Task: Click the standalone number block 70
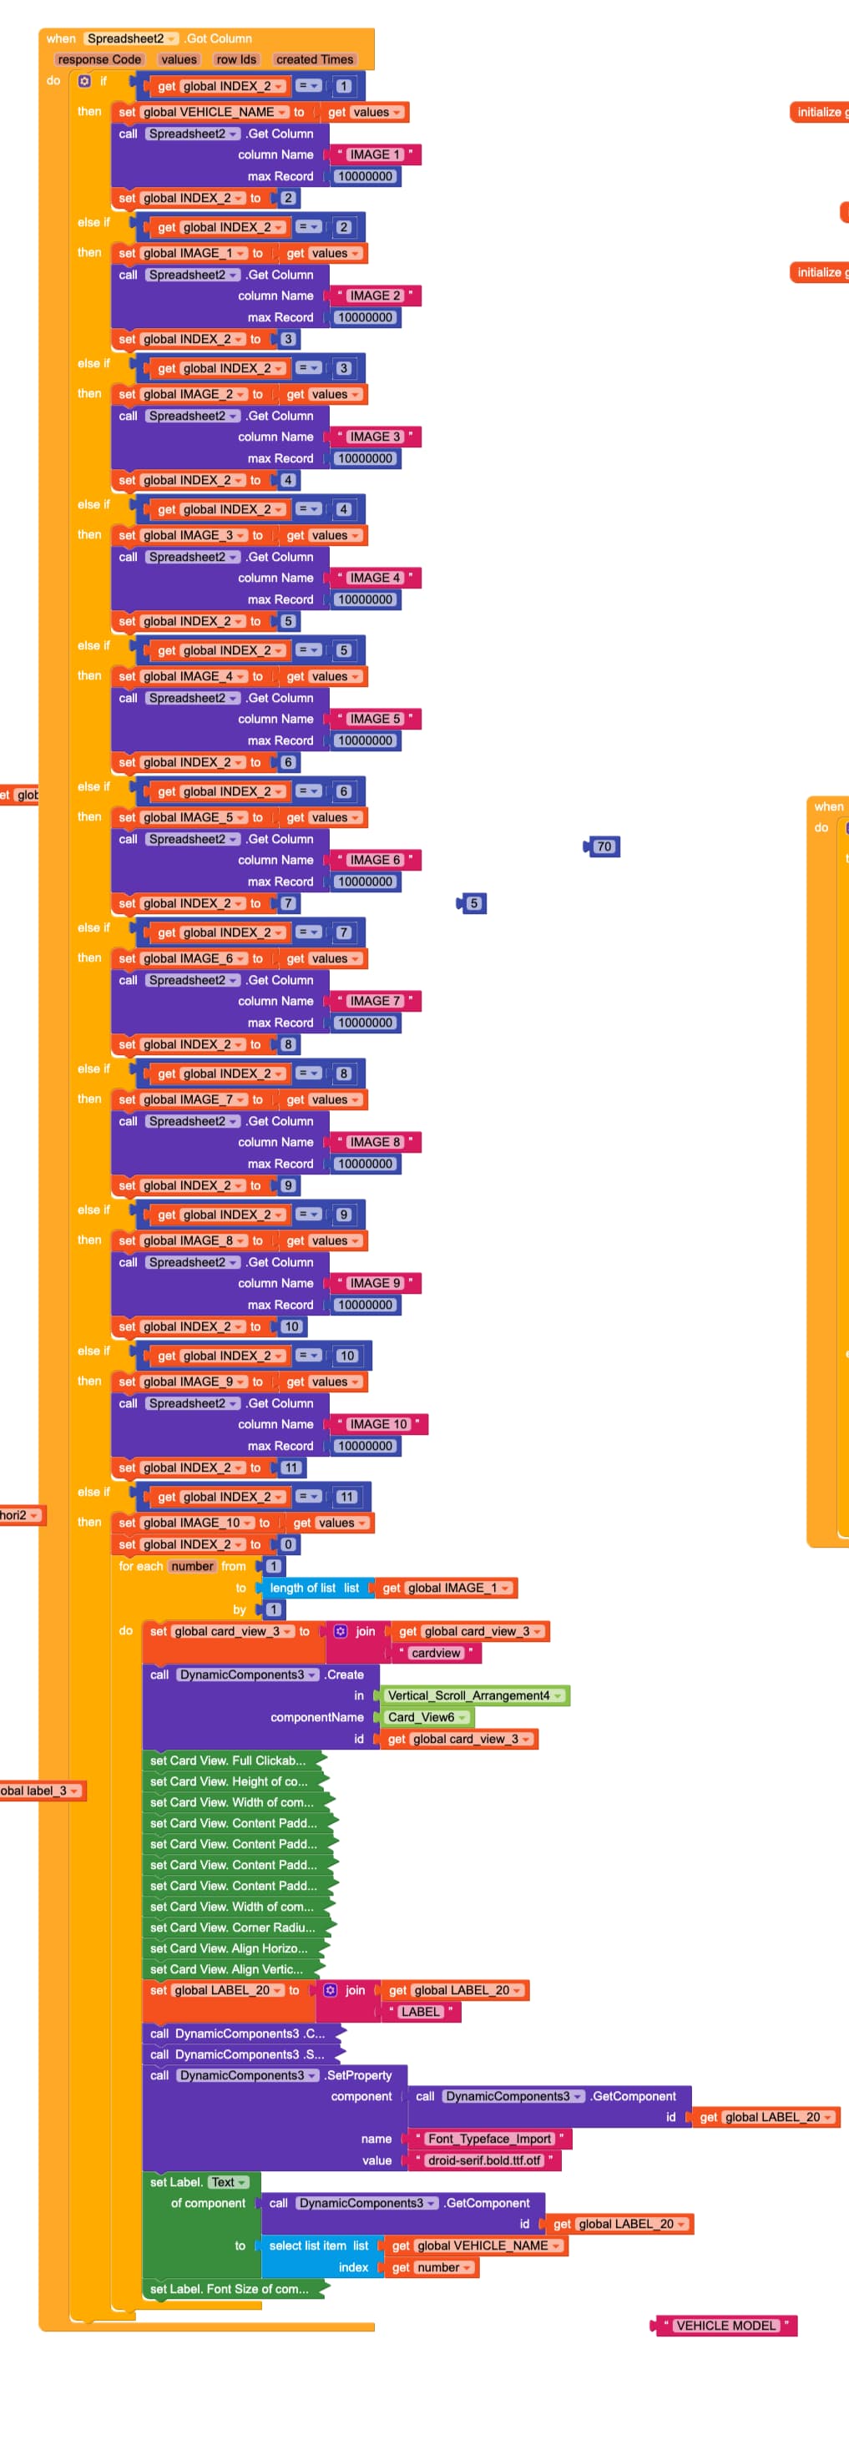click(x=603, y=846)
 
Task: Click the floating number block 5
click(x=473, y=903)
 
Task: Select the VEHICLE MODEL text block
click(x=725, y=2326)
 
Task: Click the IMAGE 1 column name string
click(x=374, y=154)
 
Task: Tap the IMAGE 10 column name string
click(x=378, y=1424)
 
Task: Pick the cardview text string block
click(x=436, y=1653)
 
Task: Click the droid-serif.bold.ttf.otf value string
click(x=483, y=2160)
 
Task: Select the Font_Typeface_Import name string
click(x=489, y=2139)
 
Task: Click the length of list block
click(x=313, y=1589)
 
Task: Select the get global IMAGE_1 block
click(x=446, y=1589)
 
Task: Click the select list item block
click(x=318, y=2246)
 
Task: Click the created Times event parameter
click(x=314, y=59)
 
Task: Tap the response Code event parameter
click(x=99, y=59)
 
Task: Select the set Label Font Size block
click(x=230, y=2289)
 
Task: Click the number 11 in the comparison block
click(x=346, y=1498)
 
